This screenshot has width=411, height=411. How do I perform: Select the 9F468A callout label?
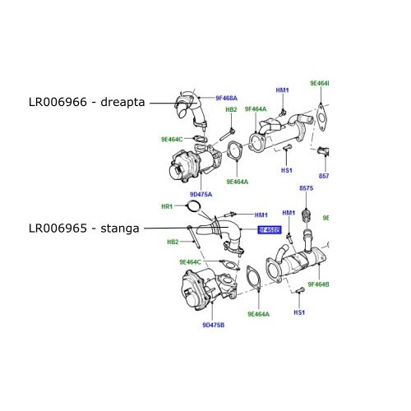click(226, 99)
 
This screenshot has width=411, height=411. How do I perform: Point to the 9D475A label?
click(201, 194)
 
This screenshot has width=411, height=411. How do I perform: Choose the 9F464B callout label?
click(318, 284)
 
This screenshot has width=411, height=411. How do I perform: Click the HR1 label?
click(165, 206)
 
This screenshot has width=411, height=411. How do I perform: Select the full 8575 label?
click(307, 188)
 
